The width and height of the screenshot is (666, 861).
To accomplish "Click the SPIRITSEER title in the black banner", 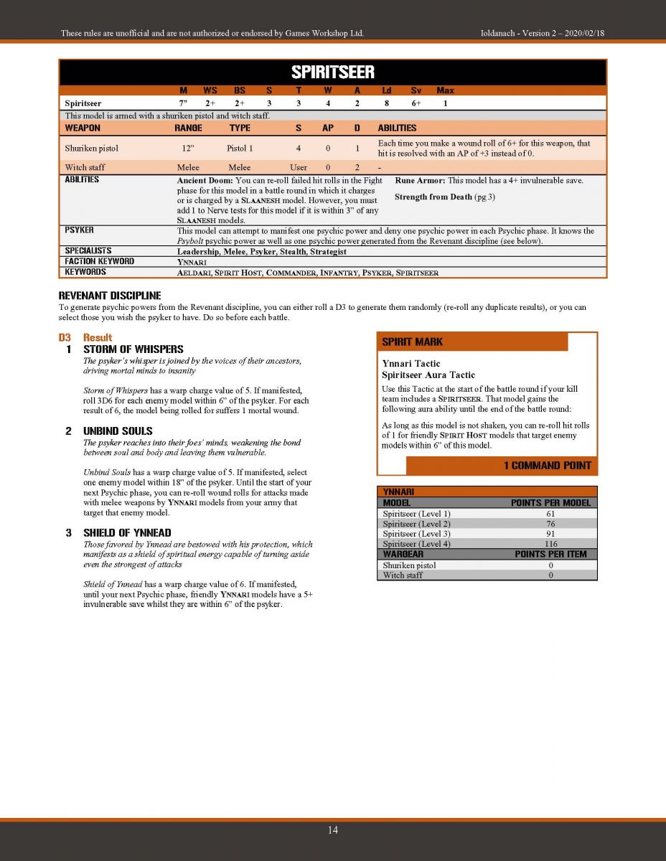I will tap(332, 72).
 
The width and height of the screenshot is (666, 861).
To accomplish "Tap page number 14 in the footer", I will tap(333, 830).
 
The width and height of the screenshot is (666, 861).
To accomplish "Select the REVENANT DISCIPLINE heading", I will tap(109, 296).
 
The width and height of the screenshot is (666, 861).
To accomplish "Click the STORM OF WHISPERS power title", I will tap(133, 349).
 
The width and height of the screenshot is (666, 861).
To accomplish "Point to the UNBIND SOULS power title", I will tap(118, 430).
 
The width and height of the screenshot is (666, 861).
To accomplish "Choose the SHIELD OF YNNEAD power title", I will tap(127, 532).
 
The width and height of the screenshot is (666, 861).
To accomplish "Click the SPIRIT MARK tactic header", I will tap(412, 342).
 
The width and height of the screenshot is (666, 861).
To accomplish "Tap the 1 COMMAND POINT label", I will tap(547, 466).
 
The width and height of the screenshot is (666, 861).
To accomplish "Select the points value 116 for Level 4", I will tap(550, 544).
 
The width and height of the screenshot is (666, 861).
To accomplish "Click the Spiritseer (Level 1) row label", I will tap(416, 514).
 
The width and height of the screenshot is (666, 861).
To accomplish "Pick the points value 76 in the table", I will tap(550, 524).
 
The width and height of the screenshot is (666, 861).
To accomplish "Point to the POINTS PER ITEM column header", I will tap(550, 554).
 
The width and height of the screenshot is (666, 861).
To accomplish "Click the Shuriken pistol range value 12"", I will tap(188, 149).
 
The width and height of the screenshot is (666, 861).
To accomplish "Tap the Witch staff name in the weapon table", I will tap(85, 167).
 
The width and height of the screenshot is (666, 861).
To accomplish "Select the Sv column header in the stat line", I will tap(416, 90).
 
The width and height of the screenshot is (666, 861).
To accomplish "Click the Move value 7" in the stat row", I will tap(184, 103).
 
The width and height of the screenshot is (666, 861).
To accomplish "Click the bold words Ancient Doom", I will tap(205, 180).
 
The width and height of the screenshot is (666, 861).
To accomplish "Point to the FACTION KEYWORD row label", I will tap(99, 261).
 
